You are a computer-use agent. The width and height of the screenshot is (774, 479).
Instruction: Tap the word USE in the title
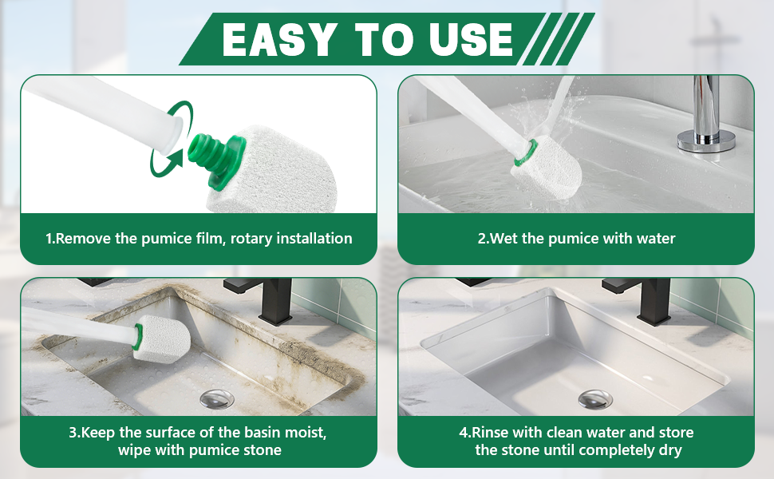coord(472,39)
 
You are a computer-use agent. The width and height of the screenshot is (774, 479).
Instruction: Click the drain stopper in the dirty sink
coord(217,398)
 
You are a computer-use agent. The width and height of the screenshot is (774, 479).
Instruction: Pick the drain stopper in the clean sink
coord(594,399)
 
